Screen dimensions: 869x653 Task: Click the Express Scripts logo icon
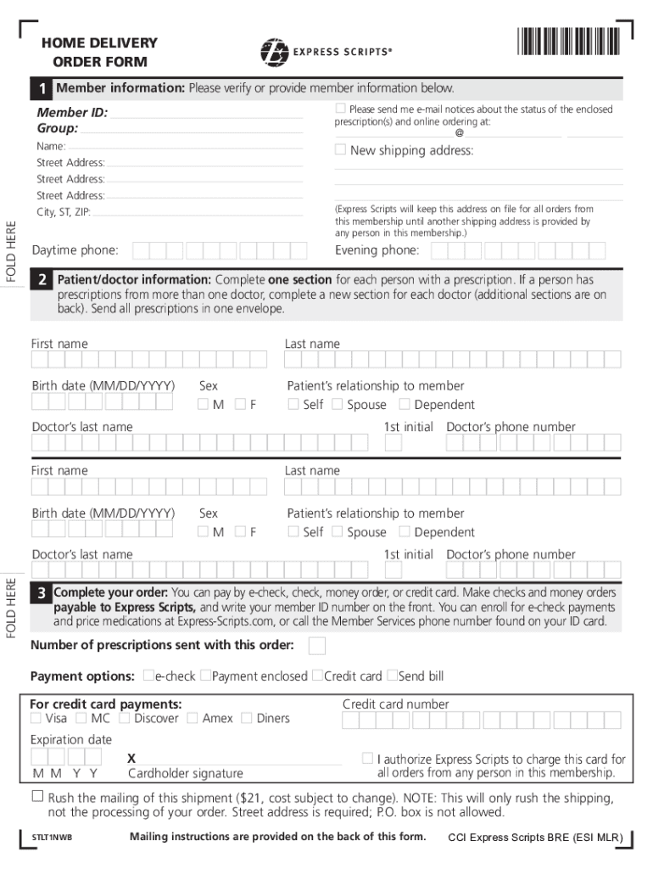point(273,52)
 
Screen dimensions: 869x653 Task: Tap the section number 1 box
point(41,89)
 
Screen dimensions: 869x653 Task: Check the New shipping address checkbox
point(340,150)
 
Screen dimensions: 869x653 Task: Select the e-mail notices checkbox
point(340,109)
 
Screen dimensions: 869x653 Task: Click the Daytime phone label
point(75,250)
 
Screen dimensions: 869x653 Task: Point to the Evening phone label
point(377,250)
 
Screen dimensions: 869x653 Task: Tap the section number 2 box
point(41,281)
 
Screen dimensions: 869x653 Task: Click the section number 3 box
point(41,594)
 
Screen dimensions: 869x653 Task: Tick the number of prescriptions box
point(316,647)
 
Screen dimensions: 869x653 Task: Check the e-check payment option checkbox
point(148,676)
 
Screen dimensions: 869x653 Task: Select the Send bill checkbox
point(392,676)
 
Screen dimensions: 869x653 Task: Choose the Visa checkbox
point(36,718)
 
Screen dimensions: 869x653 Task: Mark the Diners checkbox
point(247,718)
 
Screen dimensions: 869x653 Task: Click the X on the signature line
point(131,758)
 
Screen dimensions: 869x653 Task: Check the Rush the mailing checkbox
point(37,796)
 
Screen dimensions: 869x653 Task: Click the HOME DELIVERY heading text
point(99,43)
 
